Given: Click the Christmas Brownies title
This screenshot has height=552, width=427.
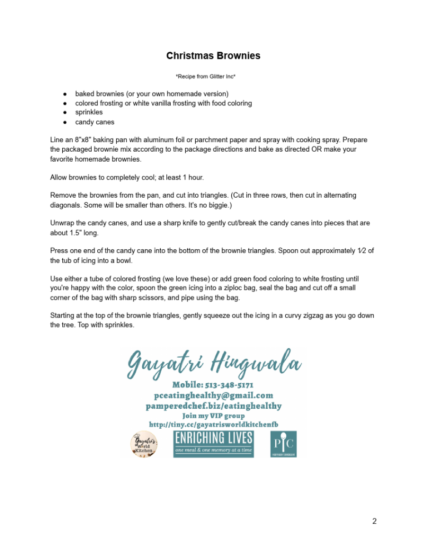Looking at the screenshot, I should tap(213, 56).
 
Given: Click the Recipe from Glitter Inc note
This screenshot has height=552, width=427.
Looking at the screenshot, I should tap(213, 76).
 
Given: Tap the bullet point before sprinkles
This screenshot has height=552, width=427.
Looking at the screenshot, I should tap(65, 113).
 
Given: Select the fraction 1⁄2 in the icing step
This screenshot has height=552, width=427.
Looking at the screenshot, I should tap(362, 250).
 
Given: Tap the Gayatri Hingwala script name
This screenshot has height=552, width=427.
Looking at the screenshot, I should tap(214, 364).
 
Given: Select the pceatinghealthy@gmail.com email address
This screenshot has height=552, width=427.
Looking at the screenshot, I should tap(213, 395).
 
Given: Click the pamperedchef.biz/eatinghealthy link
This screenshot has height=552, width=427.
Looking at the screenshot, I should tap(213, 406).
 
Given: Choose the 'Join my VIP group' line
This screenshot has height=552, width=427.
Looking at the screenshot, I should tap(213, 415).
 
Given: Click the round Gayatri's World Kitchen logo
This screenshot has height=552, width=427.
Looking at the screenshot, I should tap(143, 444).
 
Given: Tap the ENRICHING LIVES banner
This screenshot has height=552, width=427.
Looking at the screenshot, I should tap(214, 443).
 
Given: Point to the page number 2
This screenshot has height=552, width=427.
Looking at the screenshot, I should tap(374, 521).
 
